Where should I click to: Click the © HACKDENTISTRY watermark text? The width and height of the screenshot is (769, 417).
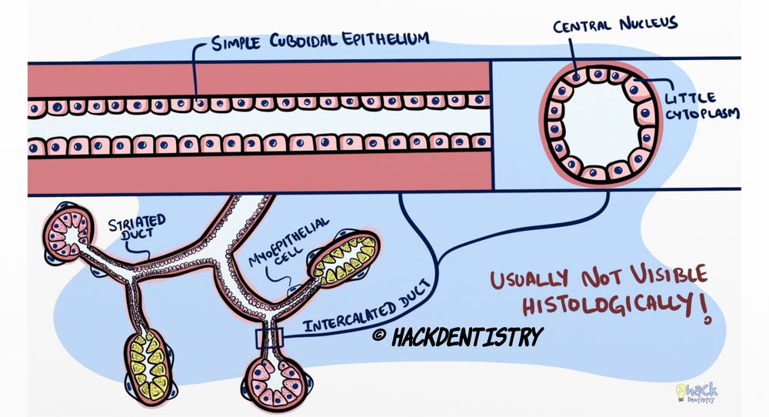(458, 336)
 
